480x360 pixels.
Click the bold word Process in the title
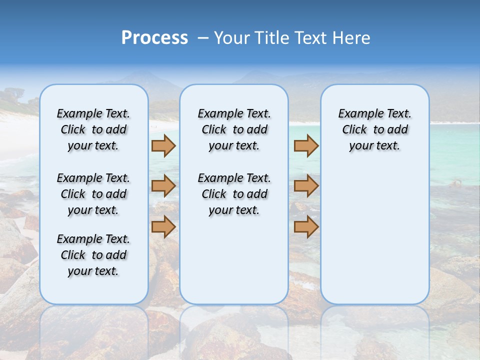[154, 38]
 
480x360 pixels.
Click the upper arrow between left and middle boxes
[163, 145]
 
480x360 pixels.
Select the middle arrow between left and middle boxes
[163, 186]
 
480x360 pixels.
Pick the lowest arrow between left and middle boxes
[163, 226]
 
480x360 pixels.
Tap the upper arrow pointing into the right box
[306, 145]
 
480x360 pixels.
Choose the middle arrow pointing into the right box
[306, 186]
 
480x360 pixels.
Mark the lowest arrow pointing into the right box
[306, 226]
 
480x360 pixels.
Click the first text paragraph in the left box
[93, 129]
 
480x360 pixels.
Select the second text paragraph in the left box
[93, 194]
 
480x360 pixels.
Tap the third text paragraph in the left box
[93, 255]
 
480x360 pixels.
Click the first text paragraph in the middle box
[234, 129]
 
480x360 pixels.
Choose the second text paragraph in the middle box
[234, 194]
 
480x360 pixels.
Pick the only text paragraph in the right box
[374, 129]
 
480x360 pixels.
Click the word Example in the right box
[356, 114]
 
